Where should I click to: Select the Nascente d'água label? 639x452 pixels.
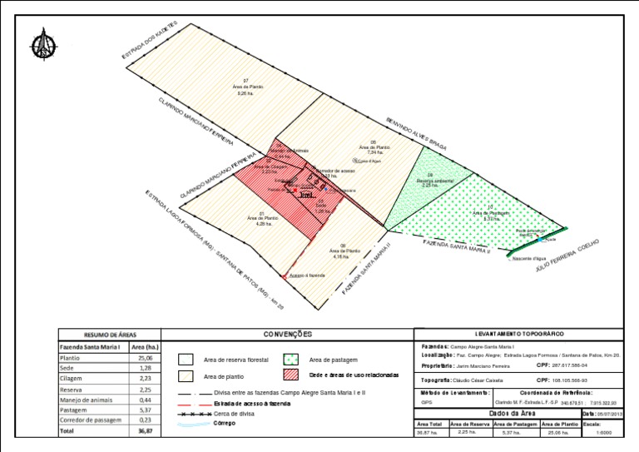point(529,259)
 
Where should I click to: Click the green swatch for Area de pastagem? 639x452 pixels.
point(291,360)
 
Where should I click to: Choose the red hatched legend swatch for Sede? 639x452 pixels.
point(291,375)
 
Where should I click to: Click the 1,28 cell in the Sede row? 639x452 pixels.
point(145,368)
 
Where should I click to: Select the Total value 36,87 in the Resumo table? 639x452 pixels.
point(145,431)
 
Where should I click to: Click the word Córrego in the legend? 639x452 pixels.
point(225,423)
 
